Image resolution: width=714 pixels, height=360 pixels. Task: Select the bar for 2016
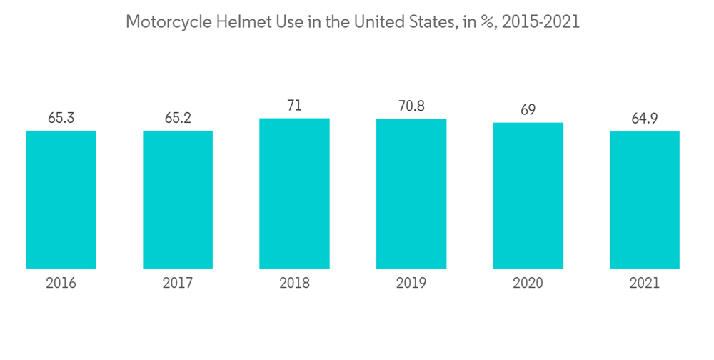pos(61,200)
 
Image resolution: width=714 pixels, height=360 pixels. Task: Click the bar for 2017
pos(178,200)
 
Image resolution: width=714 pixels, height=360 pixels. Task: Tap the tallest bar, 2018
pos(294,194)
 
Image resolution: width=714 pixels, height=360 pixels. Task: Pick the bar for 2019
pos(411,194)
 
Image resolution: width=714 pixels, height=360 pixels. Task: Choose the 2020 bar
pos(528,196)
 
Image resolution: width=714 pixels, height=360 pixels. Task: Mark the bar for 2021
pos(644,200)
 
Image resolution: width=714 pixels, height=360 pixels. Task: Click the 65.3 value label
pos(61,118)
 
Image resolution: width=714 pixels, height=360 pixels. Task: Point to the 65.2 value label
pos(178,118)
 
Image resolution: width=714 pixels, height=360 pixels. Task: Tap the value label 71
pos(294,106)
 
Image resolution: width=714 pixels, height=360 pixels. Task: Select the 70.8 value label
pos(411,106)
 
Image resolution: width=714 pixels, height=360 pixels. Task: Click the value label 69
pos(528,110)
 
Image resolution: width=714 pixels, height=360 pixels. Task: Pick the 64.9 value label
pos(644,119)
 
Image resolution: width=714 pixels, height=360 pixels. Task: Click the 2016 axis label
pos(61,283)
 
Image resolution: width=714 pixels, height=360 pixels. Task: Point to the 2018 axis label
pos(294,283)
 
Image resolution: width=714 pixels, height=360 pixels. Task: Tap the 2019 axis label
pos(411,283)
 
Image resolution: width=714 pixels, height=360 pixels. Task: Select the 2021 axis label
pos(644,283)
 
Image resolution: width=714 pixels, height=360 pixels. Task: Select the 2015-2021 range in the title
pos(540,22)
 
